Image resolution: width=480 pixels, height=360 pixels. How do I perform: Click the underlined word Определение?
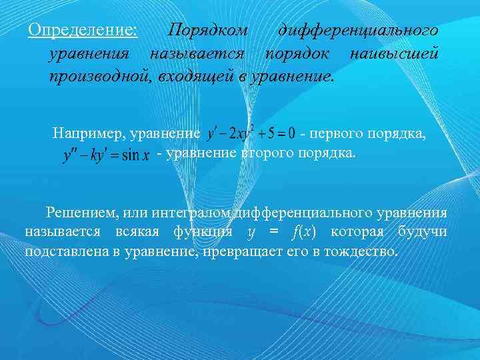point(83,31)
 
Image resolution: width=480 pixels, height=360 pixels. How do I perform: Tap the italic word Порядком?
point(208,31)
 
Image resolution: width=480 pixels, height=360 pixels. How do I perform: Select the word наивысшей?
point(396,53)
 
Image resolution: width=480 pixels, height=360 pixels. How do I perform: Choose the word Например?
point(88,133)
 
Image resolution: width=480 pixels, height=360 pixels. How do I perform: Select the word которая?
point(353,233)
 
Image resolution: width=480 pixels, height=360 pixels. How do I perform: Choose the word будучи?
point(423,233)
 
